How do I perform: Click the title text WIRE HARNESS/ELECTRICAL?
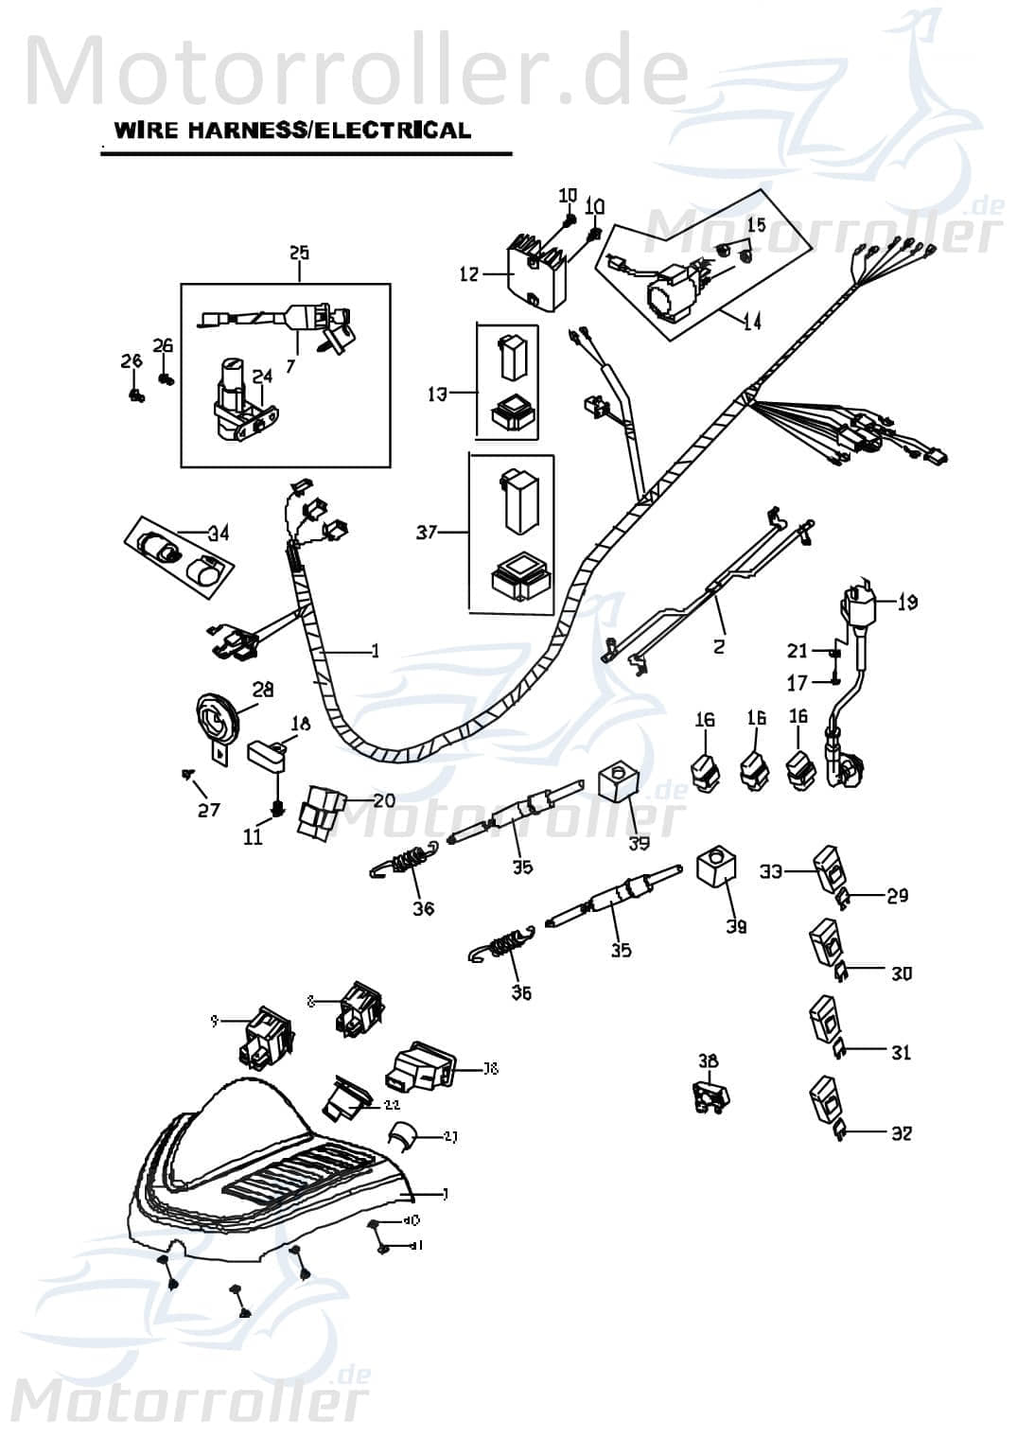[x=291, y=131]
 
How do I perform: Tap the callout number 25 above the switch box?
[x=299, y=253]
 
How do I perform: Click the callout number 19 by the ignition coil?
[x=907, y=602]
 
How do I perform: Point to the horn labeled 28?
[x=219, y=727]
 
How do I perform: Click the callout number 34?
[x=219, y=534]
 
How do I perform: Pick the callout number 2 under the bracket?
[x=719, y=647]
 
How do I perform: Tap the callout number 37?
[x=427, y=533]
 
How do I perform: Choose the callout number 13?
[x=437, y=393]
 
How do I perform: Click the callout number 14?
[x=752, y=322]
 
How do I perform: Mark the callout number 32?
[x=902, y=1132]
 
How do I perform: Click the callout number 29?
[x=897, y=895]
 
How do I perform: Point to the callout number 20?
[x=384, y=800]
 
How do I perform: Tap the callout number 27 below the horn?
[x=208, y=810]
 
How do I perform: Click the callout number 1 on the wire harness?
[x=375, y=651]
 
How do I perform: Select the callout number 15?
[x=756, y=225]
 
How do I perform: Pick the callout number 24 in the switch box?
[x=262, y=377]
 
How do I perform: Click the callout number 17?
[x=798, y=682]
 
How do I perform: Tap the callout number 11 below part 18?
[x=253, y=838]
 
